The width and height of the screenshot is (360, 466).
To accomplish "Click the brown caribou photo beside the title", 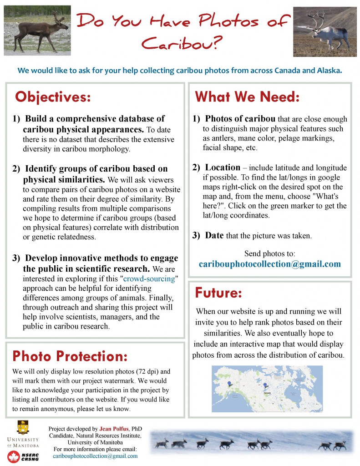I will click(37, 30).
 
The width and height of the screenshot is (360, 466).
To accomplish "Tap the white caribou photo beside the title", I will click(324, 31).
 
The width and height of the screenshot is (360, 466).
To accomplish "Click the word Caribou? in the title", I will click(182, 44).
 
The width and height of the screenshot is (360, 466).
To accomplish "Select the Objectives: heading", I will click(53, 97).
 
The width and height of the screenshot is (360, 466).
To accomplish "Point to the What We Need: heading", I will click(247, 97).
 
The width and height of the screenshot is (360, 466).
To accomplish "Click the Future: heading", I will click(218, 293).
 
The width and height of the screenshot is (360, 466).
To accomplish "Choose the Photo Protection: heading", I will click(70, 356).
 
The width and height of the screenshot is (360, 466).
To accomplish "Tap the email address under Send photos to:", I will click(269, 264).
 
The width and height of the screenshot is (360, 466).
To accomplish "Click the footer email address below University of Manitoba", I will click(95, 456).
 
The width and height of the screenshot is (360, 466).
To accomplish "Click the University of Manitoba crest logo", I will click(22, 428).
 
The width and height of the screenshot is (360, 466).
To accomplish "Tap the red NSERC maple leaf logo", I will click(13, 456).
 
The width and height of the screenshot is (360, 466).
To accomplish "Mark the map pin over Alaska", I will click(229, 384).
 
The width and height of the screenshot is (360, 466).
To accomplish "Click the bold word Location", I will click(223, 167).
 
